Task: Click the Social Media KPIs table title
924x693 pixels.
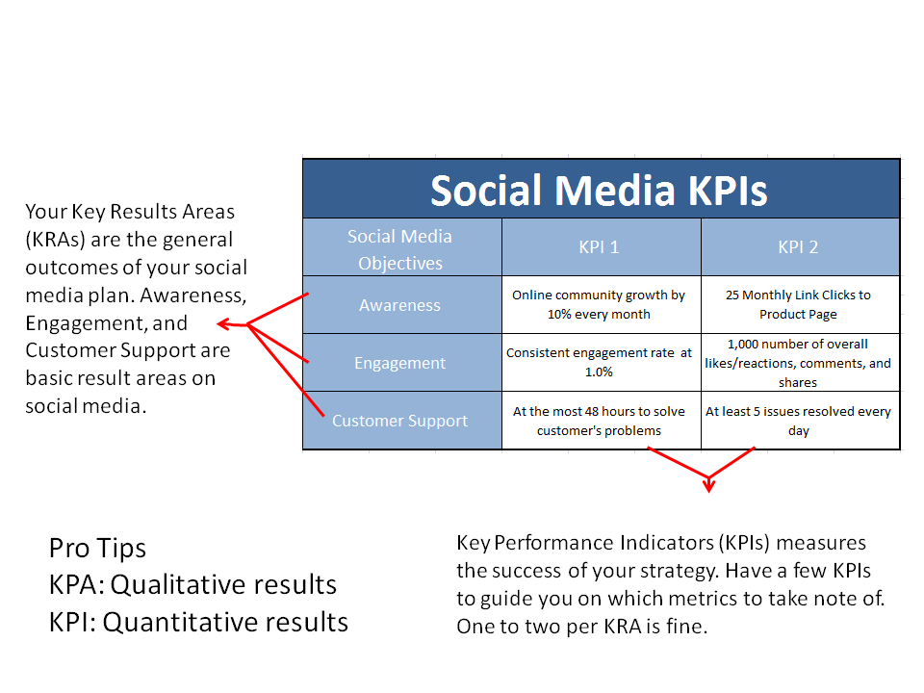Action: pyautogui.click(x=599, y=190)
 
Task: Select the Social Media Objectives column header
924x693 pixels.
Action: pyautogui.click(x=400, y=249)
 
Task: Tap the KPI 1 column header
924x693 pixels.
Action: pyautogui.click(x=599, y=247)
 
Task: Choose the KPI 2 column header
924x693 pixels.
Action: pyautogui.click(x=798, y=247)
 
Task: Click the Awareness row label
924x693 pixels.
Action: pyautogui.click(x=400, y=305)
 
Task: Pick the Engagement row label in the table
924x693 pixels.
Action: pyautogui.click(x=400, y=363)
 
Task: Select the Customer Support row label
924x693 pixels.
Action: pyautogui.click(x=400, y=421)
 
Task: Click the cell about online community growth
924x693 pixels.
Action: pyautogui.click(x=599, y=305)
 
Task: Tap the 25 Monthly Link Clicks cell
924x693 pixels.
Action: pyautogui.click(x=798, y=305)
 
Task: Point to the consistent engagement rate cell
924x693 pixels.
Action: pyautogui.click(x=599, y=363)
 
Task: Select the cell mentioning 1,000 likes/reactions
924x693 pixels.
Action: pyautogui.click(x=798, y=363)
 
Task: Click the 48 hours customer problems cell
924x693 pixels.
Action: pyautogui.click(x=599, y=421)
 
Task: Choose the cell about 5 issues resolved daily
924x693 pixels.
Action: pyautogui.click(x=798, y=421)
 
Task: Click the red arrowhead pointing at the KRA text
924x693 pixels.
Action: pyautogui.click(x=223, y=324)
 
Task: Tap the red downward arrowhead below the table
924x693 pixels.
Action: pyautogui.click(x=709, y=484)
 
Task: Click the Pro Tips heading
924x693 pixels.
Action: pyautogui.click(x=98, y=549)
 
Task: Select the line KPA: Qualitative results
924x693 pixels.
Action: pyautogui.click(x=192, y=585)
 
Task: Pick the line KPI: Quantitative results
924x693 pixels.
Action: pyautogui.click(x=198, y=622)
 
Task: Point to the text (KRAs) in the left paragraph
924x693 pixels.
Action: pyautogui.click(x=58, y=240)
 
